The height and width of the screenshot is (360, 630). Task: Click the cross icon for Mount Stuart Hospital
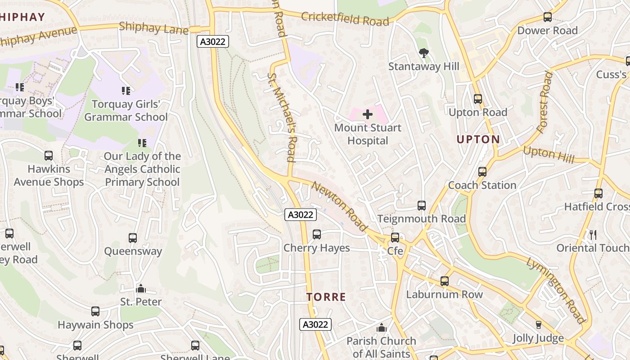pos(368,114)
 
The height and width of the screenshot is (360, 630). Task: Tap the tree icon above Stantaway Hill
pos(423,53)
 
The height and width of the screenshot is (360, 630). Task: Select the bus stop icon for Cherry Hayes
pos(317,234)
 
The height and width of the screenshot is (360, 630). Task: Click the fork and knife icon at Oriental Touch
pos(593,234)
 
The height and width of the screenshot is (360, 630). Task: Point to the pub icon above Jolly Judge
pos(538,325)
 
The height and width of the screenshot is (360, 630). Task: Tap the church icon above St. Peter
pos(141,288)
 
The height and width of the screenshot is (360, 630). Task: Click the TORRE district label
pos(326,297)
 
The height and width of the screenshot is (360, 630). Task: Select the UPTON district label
pos(478,139)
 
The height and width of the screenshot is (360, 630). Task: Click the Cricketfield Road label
pos(345,19)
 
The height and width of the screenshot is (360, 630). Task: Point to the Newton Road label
pos(339,207)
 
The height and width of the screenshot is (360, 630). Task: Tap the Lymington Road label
pos(556,291)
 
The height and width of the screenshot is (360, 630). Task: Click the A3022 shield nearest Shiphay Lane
pos(213,42)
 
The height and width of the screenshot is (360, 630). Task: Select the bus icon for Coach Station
pos(482,171)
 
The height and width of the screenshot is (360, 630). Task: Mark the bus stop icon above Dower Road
pos(548,17)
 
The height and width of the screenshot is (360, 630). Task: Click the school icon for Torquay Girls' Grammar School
pos(126,91)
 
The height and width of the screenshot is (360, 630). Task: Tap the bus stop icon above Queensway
pos(133,238)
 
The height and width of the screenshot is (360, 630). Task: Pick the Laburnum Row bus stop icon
pos(445,281)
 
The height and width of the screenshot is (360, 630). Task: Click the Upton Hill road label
pos(549,155)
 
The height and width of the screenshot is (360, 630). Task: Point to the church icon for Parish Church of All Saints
pos(382,328)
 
